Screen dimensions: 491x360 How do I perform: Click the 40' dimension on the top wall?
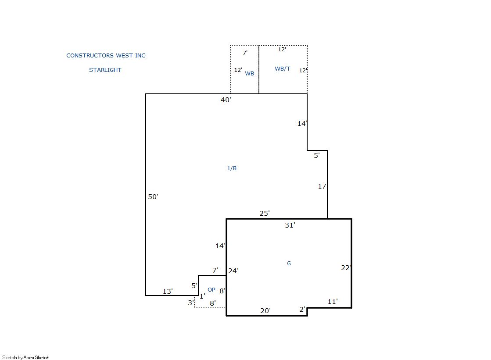[x=226, y=100]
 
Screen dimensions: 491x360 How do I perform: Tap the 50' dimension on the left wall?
[x=153, y=196]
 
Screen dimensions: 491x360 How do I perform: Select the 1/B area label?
[x=232, y=168]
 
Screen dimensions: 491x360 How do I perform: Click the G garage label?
[x=289, y=263]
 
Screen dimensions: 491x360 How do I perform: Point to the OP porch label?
[x=211, y=289]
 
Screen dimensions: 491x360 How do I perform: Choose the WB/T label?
[x=283, y=68]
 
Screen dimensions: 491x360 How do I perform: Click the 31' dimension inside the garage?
[x=290, y=225]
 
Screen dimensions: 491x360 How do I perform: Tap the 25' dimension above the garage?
[x=265, y=213]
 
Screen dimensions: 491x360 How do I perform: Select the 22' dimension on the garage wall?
[x=346, y=267]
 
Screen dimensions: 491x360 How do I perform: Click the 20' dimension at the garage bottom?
[x=265, y=310]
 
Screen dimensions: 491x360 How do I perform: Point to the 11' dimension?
[x=333, y=301]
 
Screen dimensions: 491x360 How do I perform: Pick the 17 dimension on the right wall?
[x=322, y=186]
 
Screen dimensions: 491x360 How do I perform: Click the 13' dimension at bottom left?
[x=168, y=292]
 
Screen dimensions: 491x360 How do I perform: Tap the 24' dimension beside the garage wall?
[x=233, y=271]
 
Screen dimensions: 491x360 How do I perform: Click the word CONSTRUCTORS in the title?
[x=90, y=55]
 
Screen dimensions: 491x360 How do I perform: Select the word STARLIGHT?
[x=105, y=70]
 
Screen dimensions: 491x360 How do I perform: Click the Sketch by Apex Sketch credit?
[x=26, y=357]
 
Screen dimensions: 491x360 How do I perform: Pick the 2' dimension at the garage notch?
[x=302, y=309]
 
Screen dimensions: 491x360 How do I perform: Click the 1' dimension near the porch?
[x=202, y=296]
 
